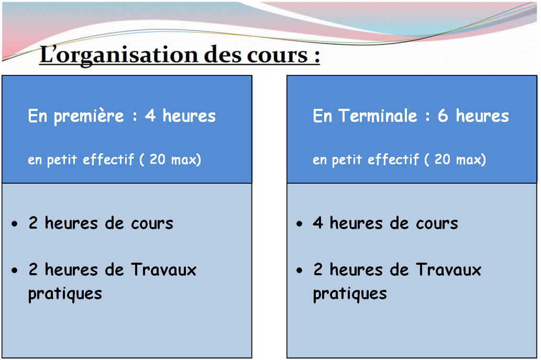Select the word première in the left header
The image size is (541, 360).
[89, 117]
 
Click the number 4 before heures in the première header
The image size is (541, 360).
[150, 116]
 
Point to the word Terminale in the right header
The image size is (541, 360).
[378, 116]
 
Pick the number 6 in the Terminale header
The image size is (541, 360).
[443, 116]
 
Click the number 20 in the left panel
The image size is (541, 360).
[157, 159]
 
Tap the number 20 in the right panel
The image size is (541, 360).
[443, 159]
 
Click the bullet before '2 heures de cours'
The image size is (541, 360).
[15, 224]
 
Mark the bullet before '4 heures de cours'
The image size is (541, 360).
[300, 224]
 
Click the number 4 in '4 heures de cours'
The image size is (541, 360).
[318, 223]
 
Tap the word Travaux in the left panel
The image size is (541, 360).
[163, 269]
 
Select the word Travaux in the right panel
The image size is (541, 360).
[448, 269]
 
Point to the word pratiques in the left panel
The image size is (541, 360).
[65, 295]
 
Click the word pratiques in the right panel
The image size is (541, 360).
[350, 295]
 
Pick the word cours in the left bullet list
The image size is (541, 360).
[152, 224]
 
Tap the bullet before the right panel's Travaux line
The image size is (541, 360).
[300, 270]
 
